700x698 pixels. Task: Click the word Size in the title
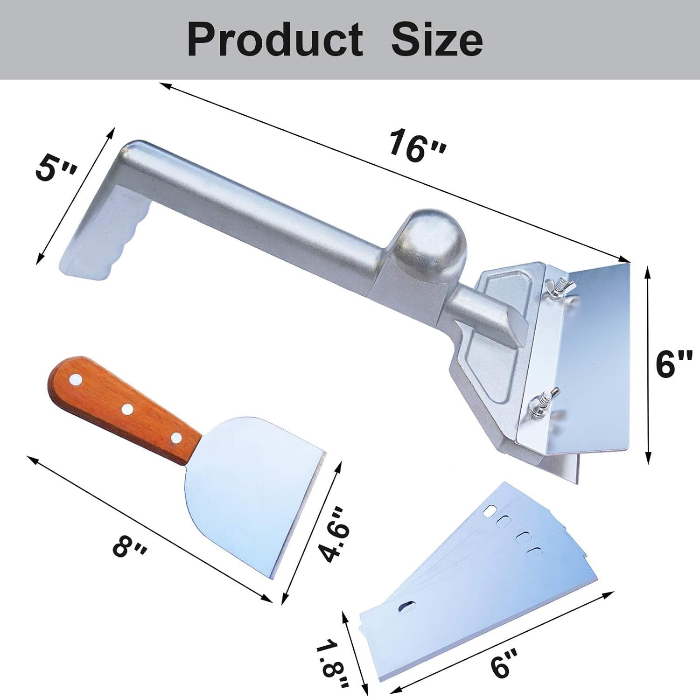(436, 40)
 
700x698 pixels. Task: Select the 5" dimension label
(56, 169)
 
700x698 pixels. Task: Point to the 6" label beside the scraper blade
(673, 364)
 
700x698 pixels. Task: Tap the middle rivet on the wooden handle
(126, 409)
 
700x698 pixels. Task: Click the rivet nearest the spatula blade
(176, 438)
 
